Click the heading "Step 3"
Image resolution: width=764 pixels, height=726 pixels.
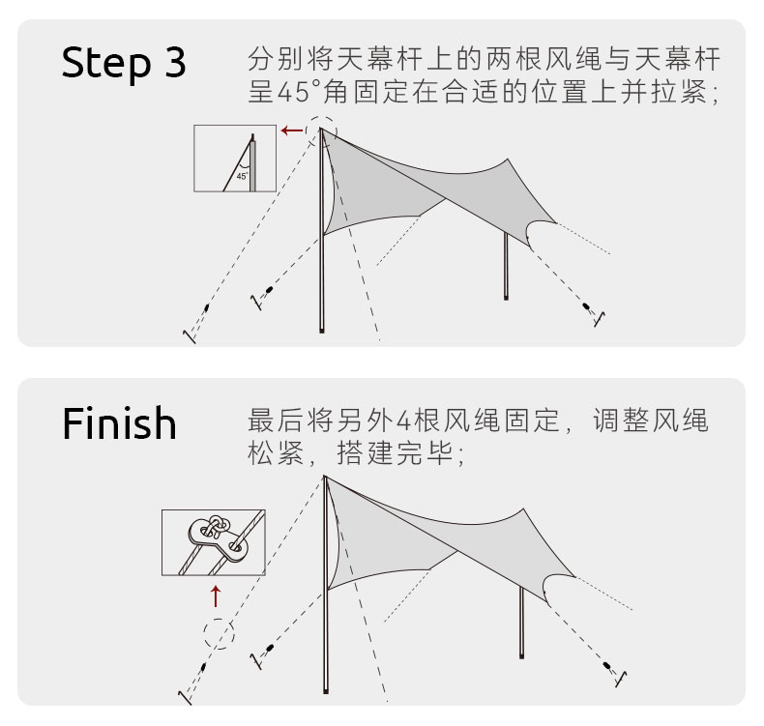124,63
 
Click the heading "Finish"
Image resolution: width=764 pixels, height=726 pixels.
120,423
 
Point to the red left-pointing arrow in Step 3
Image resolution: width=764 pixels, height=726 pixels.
290,129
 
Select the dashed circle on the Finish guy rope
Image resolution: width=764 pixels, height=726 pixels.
219,634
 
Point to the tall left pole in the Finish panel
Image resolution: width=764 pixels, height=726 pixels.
326,599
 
